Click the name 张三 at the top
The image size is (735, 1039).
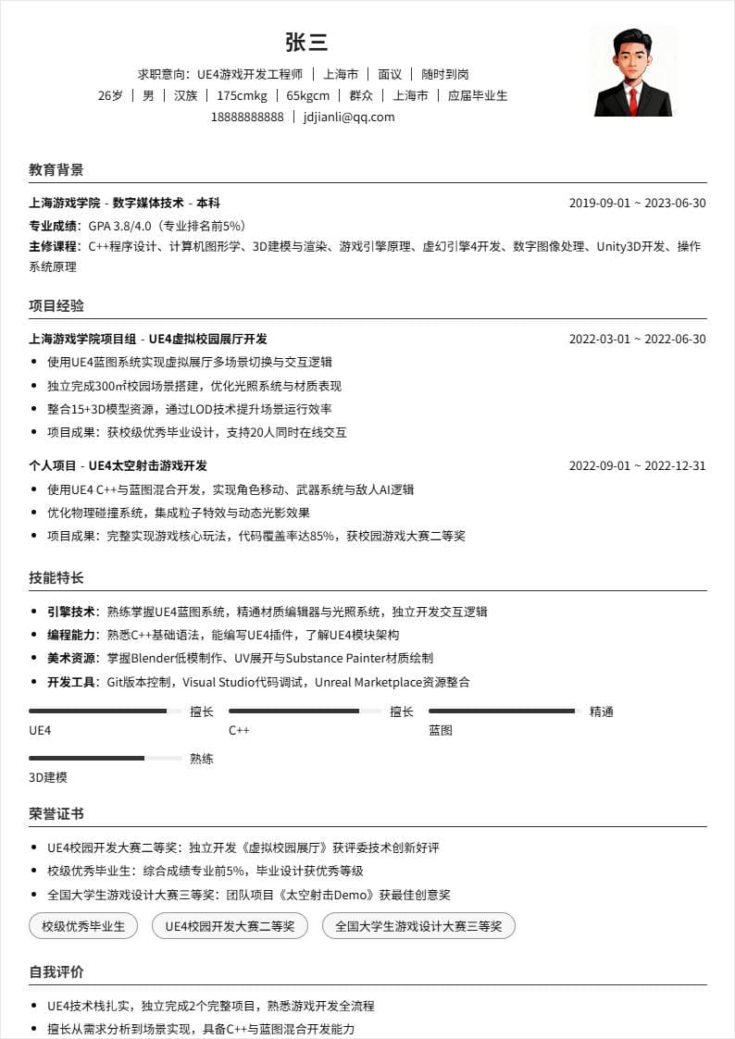coord(306,43)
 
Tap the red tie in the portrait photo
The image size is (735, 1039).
coord(633,100)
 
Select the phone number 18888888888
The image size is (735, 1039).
coord(247,117)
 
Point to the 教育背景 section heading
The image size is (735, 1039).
coord(56,170)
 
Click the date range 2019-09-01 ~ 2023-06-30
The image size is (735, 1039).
coord(637,204)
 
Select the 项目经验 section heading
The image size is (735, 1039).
coord(56,305)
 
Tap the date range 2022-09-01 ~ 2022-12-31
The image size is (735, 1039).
coord(637,465)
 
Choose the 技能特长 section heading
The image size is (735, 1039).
coord(56,577)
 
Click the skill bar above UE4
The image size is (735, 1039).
coord(105,711)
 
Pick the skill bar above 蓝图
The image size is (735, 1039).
coord(505,711)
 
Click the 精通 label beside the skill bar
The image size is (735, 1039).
coord(602,711)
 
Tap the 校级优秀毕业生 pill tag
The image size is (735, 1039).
coord(83,925)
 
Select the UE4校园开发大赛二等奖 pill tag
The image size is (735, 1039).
coord(230,925)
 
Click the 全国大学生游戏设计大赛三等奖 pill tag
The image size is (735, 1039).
coord(418,925)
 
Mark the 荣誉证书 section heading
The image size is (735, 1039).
coord(56,813)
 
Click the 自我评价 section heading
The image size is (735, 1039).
coord(56,971)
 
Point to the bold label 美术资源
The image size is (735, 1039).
coord(71,658)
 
